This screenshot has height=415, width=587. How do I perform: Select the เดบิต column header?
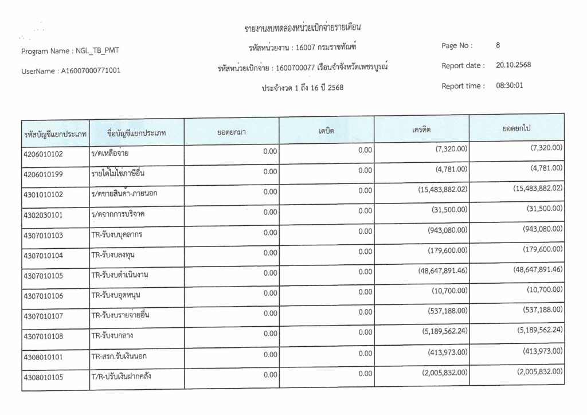[326, 131]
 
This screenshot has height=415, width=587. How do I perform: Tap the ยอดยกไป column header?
[515, 128]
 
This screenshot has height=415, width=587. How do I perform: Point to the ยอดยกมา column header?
[232, 132]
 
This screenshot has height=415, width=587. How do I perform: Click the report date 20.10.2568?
[513, 65]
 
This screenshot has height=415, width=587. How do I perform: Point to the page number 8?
[498, 45]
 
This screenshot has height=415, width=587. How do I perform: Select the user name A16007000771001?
[90, 71]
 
